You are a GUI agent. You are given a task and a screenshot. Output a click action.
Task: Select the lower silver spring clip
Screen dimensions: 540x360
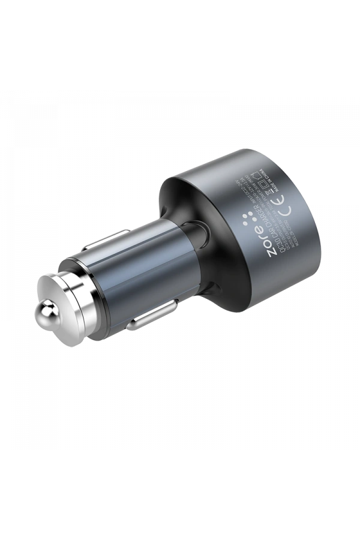tap(146, 318)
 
